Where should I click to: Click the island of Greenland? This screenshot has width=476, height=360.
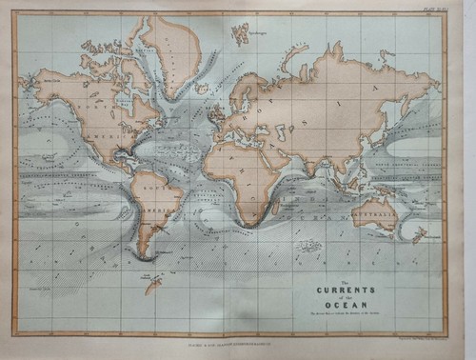pyautogui.click(x=169, y=52)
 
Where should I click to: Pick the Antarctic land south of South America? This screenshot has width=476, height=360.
pyautogui.click(x=152, y=283)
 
